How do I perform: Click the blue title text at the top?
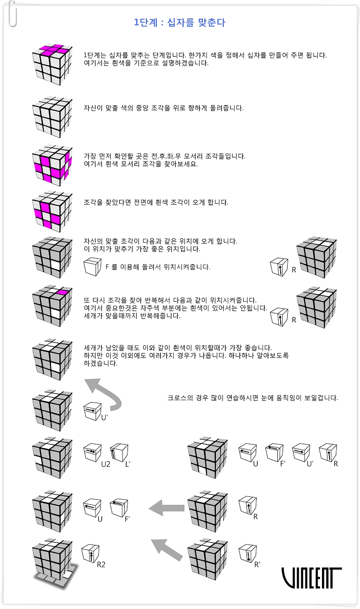[x=179, y=23]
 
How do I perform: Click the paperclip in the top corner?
[x=12, y=14]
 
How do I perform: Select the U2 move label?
[x=106, y=464]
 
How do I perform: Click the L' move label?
[x=128, y=464]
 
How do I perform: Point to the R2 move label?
[x=101, y=565]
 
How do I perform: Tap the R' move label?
[x=257, y=565]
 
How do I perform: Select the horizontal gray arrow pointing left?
[x=167, y=508]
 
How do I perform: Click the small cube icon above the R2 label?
[x=90, y=553]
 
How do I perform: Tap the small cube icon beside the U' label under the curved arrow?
[x=92, y=411]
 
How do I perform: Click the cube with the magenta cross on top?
[x=52, y=64]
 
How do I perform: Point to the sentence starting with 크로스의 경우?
[x=253, y=398]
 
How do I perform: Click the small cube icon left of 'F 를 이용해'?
[x=92, y=267]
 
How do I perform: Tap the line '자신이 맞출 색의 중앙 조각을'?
[x=163, y=108]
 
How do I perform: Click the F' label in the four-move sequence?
[x=283, y=464]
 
